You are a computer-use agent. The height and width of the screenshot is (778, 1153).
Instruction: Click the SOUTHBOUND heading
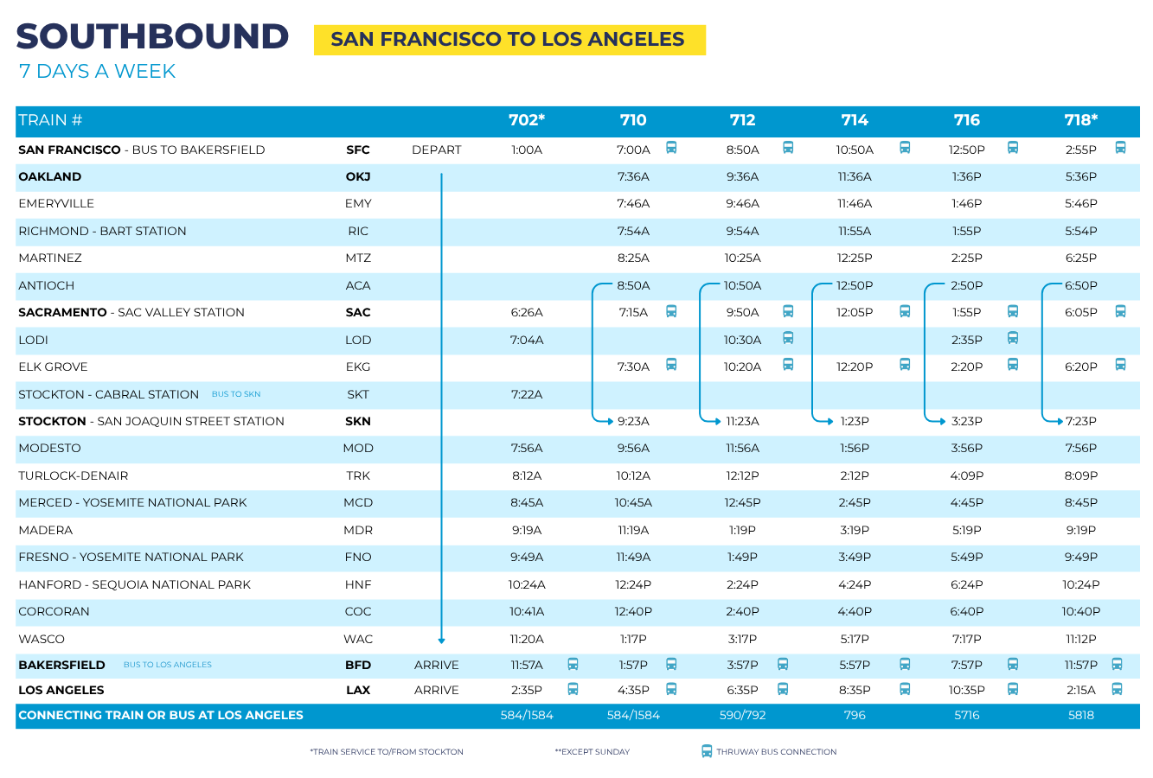(152, 36)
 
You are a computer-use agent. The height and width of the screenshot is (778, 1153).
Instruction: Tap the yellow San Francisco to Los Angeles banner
(509, 40)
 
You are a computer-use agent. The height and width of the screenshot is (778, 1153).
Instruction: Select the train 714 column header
(855, 120)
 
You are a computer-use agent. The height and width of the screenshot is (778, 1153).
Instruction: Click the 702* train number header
(527, 120)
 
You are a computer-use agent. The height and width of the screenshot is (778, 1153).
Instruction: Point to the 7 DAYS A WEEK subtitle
(97, 72)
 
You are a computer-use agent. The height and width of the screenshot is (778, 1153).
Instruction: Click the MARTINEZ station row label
(50, 258)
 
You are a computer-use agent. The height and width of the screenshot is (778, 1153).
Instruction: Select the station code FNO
(358, 558)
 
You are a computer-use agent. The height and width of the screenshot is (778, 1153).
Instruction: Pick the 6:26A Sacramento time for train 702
(527, 313)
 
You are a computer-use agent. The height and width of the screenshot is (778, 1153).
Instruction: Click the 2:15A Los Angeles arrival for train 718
(1080, 691)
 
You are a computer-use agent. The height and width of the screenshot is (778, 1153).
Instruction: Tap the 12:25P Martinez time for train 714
(855, 258)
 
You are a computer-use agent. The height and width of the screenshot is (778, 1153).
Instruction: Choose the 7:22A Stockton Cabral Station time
(527, 394)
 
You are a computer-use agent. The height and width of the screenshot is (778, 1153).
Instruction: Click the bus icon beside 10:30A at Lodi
(788, 338)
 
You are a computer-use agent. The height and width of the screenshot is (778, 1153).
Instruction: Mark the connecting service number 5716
(967, 716)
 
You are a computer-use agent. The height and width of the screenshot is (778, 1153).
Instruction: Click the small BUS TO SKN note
(236, 394)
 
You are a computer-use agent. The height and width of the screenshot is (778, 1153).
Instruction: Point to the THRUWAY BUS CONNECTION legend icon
(707, 751)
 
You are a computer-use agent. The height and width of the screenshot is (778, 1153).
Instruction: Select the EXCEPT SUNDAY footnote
(593, 752)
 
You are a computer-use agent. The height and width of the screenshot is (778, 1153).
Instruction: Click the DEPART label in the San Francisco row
(436, 150)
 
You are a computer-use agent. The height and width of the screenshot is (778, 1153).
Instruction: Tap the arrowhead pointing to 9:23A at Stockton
(608, 421)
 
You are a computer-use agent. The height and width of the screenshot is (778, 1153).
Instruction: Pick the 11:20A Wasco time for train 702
(527, 640)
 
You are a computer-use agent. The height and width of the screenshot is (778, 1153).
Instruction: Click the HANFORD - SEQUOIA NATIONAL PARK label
(134, 585)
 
